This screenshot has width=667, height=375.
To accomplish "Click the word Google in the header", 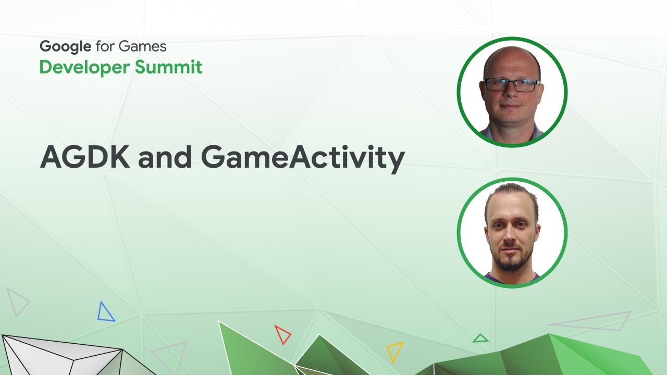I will (66, 46).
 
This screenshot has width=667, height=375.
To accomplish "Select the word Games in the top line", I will (142, 46).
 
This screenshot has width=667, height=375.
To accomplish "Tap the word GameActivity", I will (302, 158).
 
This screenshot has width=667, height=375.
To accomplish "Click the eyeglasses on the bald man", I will (511, 85).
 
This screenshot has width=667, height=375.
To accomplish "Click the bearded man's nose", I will (511, 239).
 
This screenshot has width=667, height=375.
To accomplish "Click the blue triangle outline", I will (106, 312).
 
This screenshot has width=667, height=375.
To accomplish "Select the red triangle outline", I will (282, 334).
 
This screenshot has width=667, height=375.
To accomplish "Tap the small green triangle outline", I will (480, 339).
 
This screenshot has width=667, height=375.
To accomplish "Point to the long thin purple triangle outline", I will (594, 321).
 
